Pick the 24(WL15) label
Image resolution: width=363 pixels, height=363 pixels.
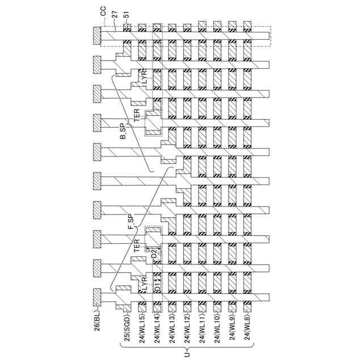[142, 336]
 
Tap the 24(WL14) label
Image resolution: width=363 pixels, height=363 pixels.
[157, 336]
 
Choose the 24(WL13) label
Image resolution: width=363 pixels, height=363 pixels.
[172, 336]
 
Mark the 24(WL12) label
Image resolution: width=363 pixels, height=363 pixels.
[187, 336]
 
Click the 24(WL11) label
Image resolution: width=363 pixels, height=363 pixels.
[202, 336]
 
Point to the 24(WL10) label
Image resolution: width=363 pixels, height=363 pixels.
[217, 336]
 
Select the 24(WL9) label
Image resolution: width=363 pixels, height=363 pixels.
[233, 335]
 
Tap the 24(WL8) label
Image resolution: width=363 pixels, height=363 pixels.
[248, 335]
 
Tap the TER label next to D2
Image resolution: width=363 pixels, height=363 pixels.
[137, 245]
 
